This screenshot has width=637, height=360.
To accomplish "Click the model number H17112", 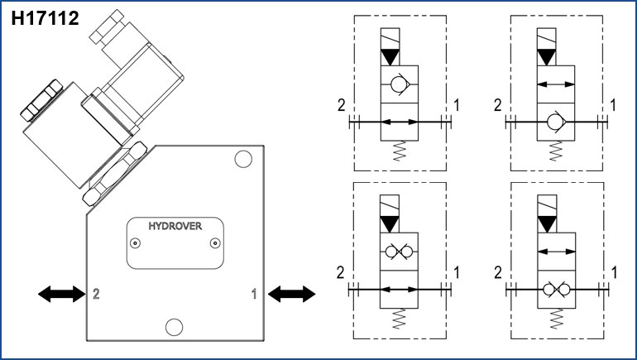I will pos(45,18).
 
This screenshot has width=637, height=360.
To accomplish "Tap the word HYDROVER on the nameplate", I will pos(174,226).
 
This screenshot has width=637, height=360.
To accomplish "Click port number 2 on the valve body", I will pos(97,293).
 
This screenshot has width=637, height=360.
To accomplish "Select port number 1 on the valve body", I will pos(254,293).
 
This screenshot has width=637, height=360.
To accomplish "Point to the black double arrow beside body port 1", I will pos(292,292).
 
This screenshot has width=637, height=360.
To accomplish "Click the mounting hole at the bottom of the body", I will pos(173,326).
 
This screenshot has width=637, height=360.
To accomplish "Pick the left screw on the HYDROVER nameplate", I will pos(136,242).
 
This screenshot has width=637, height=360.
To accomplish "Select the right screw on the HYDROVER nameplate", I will pos(213,242).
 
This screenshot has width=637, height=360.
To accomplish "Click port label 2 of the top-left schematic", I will pos(340,105).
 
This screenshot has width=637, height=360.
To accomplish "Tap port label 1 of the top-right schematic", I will pos(613,105).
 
